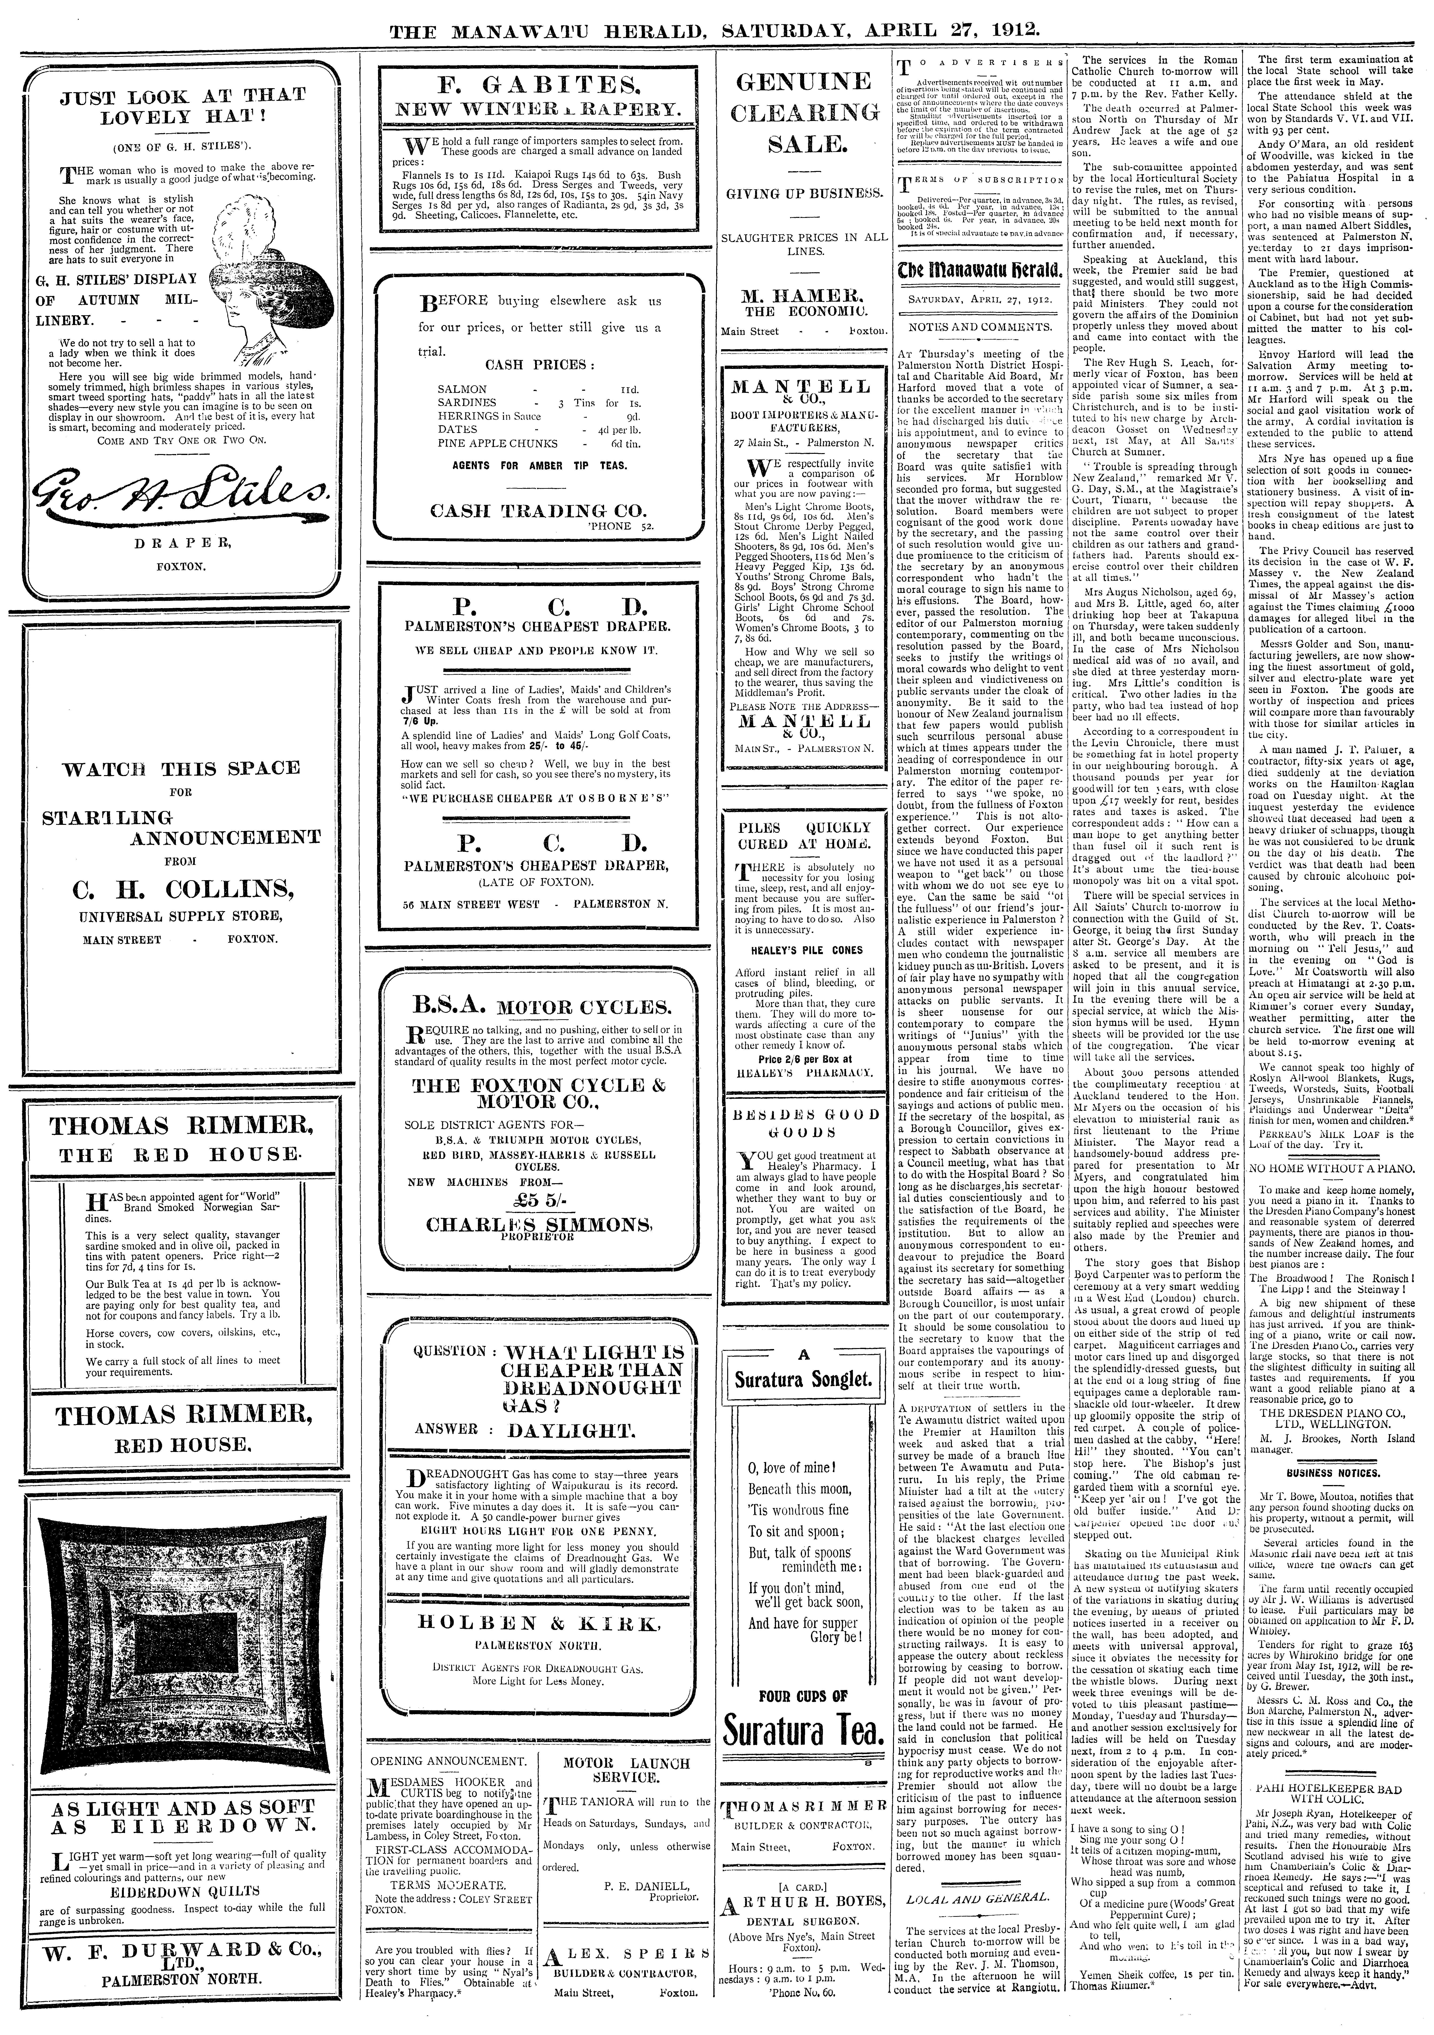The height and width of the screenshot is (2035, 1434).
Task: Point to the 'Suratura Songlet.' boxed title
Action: click(x=804, y=1379)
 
